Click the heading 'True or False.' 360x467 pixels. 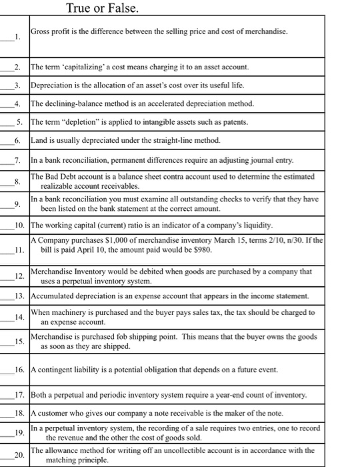point(103,8)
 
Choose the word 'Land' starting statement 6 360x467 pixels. point(40,141)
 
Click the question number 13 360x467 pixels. point(20,296)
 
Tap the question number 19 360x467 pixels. point(20,433)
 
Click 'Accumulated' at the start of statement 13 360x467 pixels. point(53,296)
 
